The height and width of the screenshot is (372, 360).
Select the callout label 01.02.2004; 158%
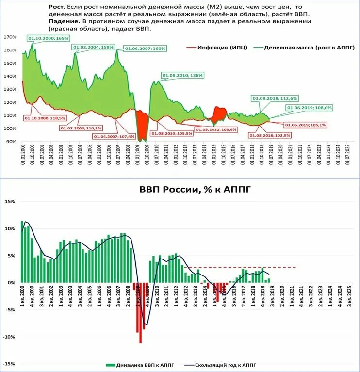tap(94, 47)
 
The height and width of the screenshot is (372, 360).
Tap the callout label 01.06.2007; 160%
tap(146, 49)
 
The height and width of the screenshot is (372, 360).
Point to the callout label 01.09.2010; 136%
tap(182, 75)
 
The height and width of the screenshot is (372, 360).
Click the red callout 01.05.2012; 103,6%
tap(216, 129)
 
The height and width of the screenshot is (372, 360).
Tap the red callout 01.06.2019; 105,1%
tap(306, 125)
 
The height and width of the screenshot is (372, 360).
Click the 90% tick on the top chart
tap(11, 142)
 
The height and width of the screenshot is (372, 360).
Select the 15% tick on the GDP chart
tap(10, 201)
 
